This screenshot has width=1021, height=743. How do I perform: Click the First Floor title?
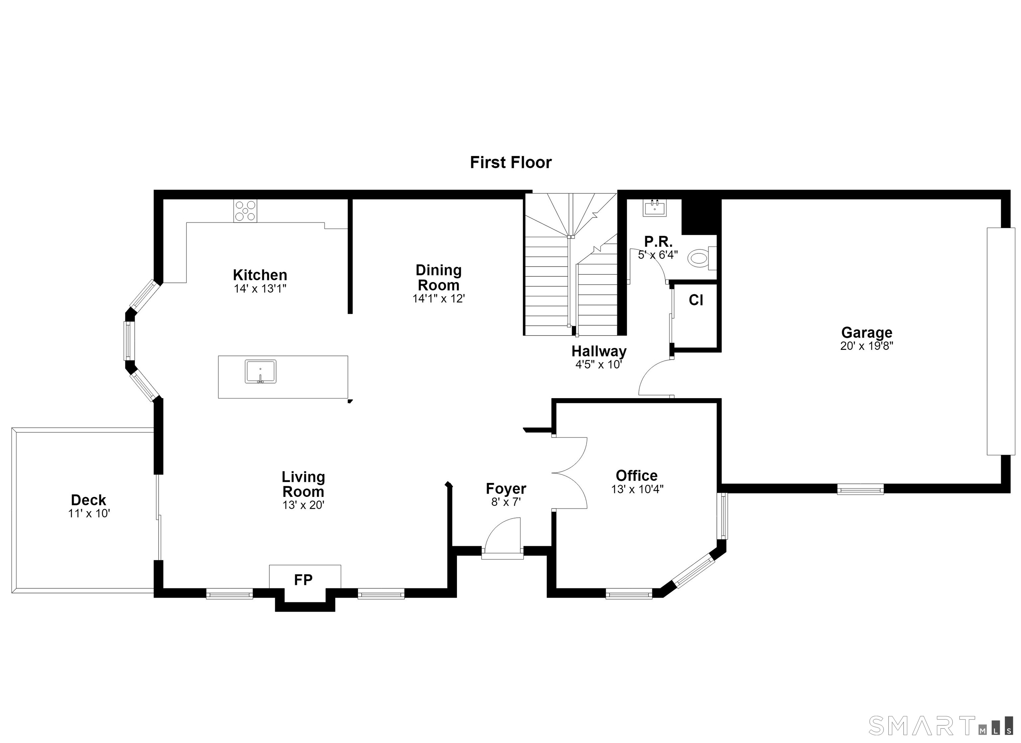pyautogui.click(x=510, y=162)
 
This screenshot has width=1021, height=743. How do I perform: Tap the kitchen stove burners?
pyautogui.click(x=245, y=211)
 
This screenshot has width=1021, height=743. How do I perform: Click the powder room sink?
pyautogui.click(x=654, y=208)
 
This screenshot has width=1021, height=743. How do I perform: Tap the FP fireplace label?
pyautogui.click(x=303, y=580)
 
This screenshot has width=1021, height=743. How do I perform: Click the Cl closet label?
pyautogui.click(x=696, y=300)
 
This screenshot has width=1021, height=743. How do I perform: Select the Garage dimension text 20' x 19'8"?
pyautogui.click(x=866, y=346)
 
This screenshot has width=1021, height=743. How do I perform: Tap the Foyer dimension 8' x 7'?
pyautogui.click(x=506, y=502)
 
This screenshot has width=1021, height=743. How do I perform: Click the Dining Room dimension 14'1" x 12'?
pyautogui.click(x=438, y=298)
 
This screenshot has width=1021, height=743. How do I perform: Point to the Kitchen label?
pyautogui.click(x=260, y=275)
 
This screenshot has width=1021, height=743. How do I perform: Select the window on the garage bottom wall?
pyautogui.click(x=860, y=489)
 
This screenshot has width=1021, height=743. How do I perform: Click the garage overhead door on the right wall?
pyautogui.click(x=994, y=341)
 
